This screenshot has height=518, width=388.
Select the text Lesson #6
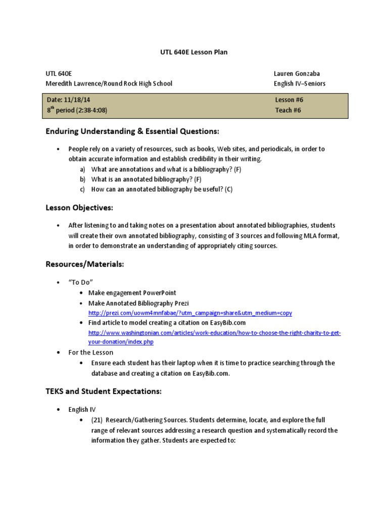tap(289, 100)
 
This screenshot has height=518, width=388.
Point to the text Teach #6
tap(288, 110)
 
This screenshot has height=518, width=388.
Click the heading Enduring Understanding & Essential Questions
tap(132, 132)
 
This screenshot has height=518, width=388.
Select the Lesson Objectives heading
tap(79, 208)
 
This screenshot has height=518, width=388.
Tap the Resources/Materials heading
tap(85, 264)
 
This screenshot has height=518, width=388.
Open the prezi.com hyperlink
tap(190, 313)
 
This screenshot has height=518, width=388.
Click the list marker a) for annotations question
tap(82, 169)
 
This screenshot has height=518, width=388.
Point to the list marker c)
tap(82, 189)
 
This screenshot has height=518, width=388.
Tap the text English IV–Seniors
tap(300, 83)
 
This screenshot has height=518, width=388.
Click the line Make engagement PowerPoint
tap(132, 293)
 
